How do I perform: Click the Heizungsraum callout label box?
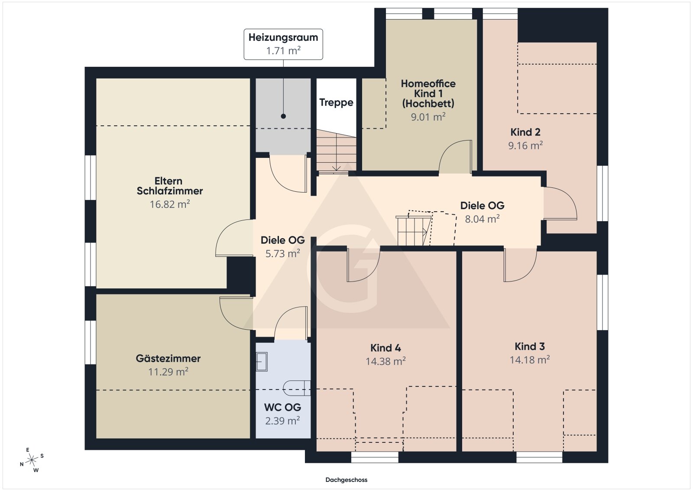pos(283,44)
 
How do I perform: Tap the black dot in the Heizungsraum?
pos(283,116)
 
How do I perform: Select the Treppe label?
pos(336,102)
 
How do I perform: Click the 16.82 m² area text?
pos(169,204)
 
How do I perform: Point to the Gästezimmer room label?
pos(168,358)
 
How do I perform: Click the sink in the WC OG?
pos(262,361)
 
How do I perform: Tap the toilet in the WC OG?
pos(297,388)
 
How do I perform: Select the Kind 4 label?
pos(385,348)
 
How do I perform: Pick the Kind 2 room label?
pos(525,132)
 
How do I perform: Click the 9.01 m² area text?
pos(428,117)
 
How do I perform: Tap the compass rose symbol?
pos(32,460)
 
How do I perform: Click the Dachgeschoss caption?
pos(346,480)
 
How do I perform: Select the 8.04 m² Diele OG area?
pos(482,219)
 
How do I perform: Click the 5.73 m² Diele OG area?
pos(282,254)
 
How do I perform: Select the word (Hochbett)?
pos(428,104)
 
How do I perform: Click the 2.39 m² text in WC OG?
pos(282,421)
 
